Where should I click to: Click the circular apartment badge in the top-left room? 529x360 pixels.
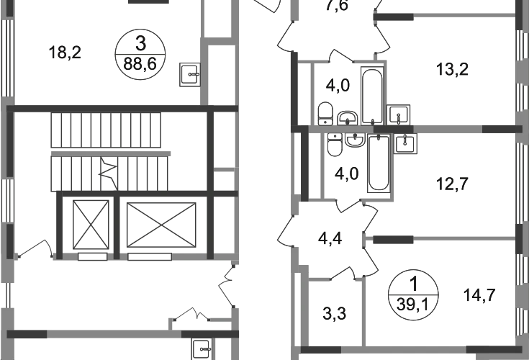pos(140,54)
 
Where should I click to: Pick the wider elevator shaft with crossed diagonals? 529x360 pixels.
pos(159,224)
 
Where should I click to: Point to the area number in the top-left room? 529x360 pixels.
pos(66,52)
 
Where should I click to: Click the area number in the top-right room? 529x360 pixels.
pos(454,71)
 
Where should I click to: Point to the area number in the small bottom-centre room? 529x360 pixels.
pos(335,312)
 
